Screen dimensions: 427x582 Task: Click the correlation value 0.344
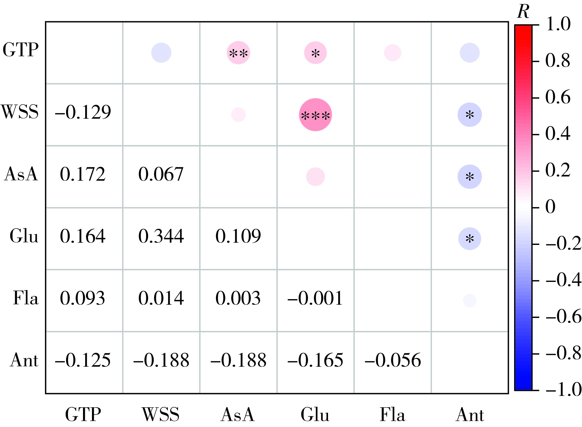pos(161,236)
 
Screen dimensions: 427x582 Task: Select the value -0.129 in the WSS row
pos(83,112)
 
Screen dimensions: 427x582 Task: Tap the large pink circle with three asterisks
pos(315,115)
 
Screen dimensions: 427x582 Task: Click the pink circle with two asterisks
pos(238,53)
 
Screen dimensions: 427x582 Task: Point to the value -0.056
pos(393,360)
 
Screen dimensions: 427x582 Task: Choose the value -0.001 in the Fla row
pos(315,298)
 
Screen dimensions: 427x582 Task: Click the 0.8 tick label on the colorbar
pos(558,61)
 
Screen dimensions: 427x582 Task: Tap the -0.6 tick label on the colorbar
pos(563,317)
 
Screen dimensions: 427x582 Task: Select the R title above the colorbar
pos(523,11)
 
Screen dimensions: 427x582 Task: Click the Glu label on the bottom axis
pos(315,414)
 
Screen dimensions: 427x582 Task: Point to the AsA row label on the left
pos(21,174)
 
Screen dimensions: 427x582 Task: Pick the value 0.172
pos(83,174)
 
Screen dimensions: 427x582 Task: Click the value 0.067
pos(161,174)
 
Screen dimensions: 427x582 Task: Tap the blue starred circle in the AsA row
pos(470,177)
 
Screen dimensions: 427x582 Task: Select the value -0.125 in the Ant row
pos(83,360)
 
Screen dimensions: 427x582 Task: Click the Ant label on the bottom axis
pos(470,414)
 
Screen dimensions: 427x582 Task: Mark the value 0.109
pos(238,236)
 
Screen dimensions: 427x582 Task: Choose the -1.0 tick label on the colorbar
pos(563,389)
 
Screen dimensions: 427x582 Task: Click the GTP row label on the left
pos(21,50)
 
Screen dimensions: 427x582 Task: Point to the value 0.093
pos(82,298)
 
